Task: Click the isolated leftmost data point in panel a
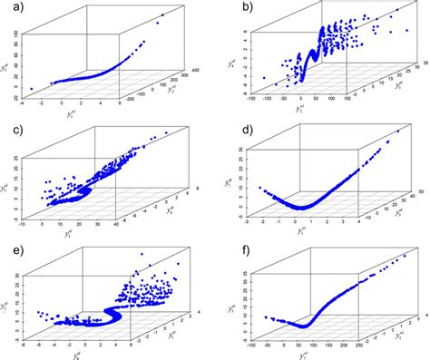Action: (x=32, y=88)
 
